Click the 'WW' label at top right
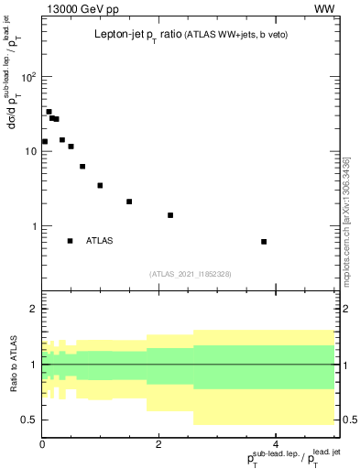[324, 10]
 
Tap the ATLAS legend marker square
[70, 241]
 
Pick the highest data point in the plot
[49, 112]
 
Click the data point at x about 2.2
[170, 215]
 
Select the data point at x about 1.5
[129, 202]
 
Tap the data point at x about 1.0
[100, 185]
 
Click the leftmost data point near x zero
[44, 141]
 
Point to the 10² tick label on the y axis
[27, 77]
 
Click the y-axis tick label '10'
[29, 151]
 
